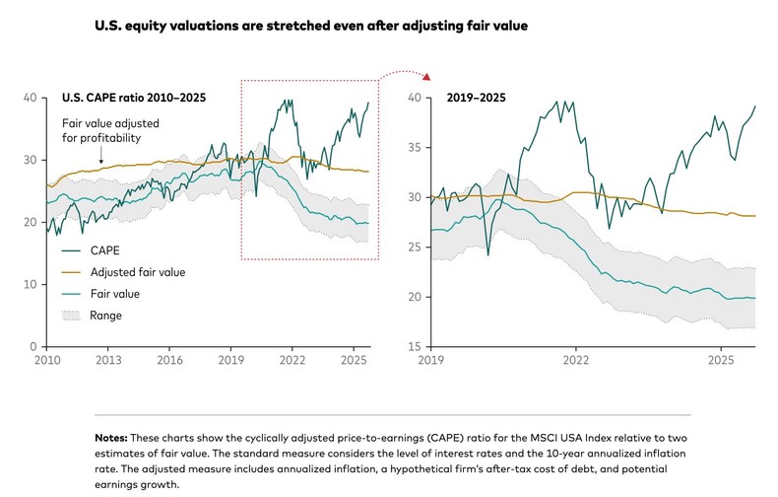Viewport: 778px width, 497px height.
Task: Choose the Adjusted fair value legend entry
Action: [134, 271]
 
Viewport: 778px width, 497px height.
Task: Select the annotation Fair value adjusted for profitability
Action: [110, 130]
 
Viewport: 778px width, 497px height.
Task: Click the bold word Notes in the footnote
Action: [112, 436]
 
